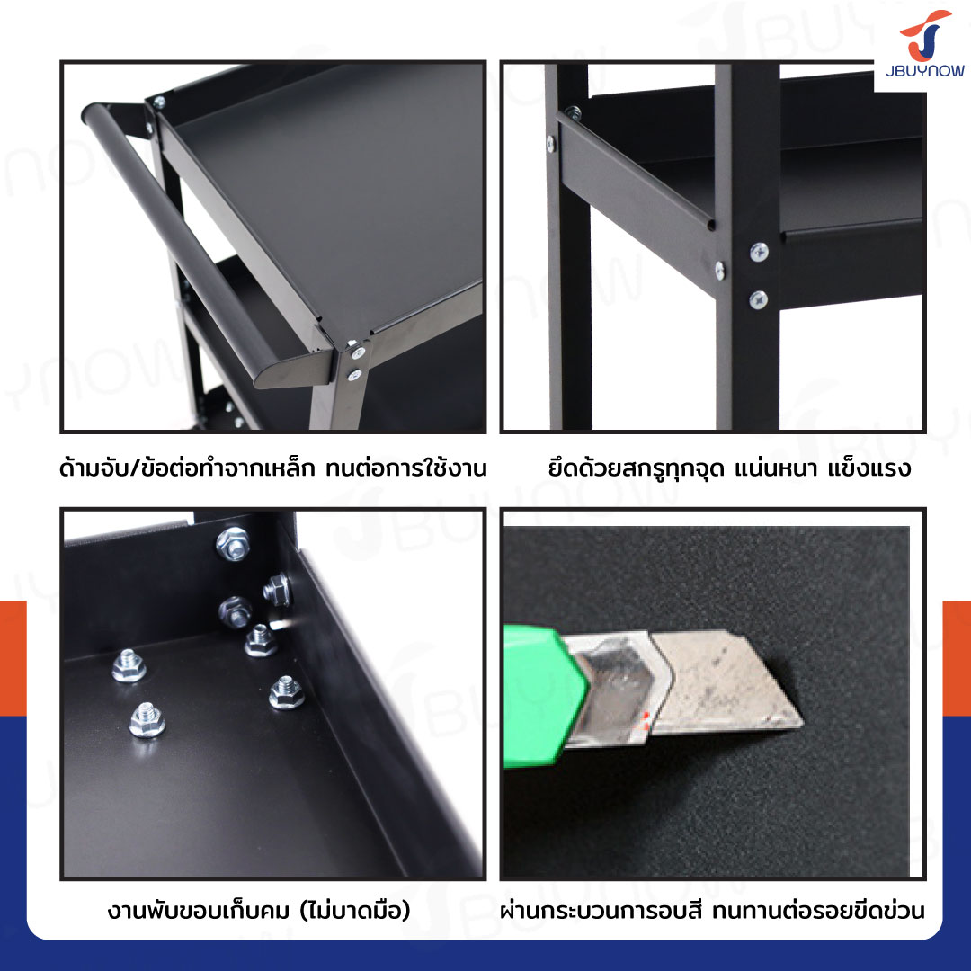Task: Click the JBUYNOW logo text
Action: click(x=924, y=71)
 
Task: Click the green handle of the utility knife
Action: click(x=542, y=697)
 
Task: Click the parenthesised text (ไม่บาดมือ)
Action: click(x=355, y=910)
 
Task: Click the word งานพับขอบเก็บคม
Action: click(x=198, y=911)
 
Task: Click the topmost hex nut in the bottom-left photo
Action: click(x=233, y=543)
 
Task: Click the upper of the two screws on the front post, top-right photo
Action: click(x=759, y=252)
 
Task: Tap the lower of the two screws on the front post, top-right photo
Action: click(x=759, y=299)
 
